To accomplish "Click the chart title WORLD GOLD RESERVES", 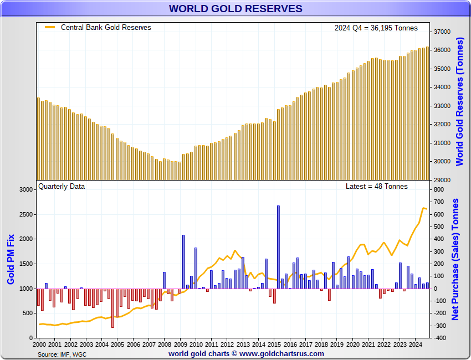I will (x=235, y=8).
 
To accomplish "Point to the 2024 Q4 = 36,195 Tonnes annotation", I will (x=376, y=28).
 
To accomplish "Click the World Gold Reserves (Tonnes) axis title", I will (x=459, y=102).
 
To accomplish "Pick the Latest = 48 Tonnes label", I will (x=376, y=186).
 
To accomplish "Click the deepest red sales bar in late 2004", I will (x=112, y=308).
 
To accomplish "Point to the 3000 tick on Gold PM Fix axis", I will (x=26, y=189).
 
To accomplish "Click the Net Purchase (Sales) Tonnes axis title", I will (x=455, y=259).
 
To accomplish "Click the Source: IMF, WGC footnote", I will (x=62, y=354).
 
